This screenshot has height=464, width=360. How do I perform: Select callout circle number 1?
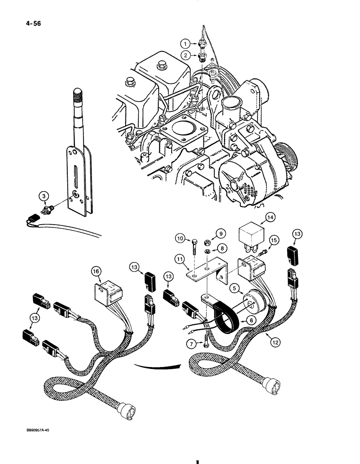[186, 44]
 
